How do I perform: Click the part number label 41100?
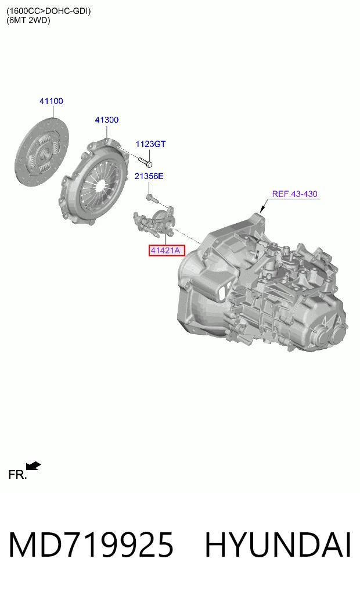tap(51, 101)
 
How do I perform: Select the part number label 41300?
tap(107, 120)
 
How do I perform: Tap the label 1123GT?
tap(150, 144)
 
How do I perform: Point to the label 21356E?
tap(149, 176)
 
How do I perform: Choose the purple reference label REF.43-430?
tap(295, 194)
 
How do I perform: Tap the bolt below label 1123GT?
tap(145, 162)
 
